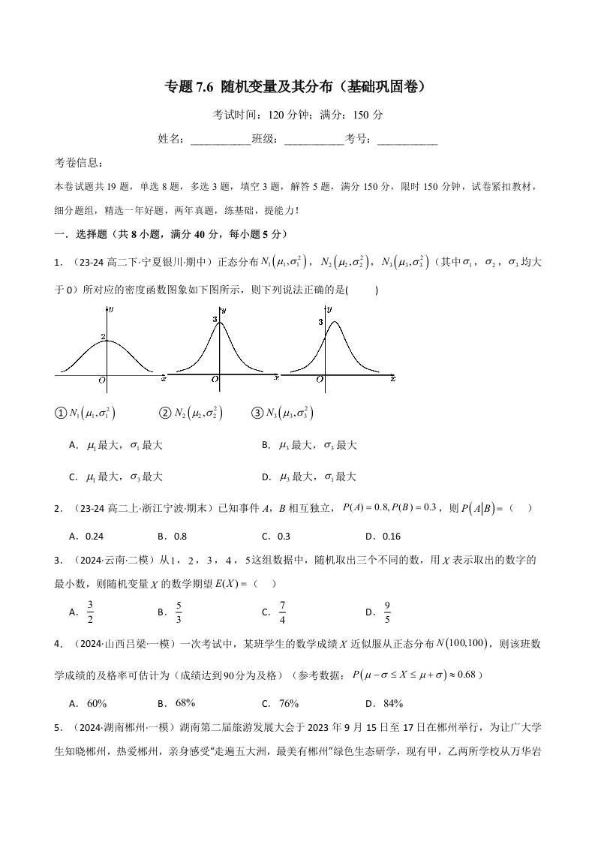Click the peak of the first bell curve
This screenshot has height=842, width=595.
107,341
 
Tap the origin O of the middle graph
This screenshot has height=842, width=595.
215,380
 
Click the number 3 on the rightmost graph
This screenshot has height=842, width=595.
320,322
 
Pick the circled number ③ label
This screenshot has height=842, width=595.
257,413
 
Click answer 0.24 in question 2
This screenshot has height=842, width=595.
94,537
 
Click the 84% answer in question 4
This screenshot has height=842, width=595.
392,703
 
